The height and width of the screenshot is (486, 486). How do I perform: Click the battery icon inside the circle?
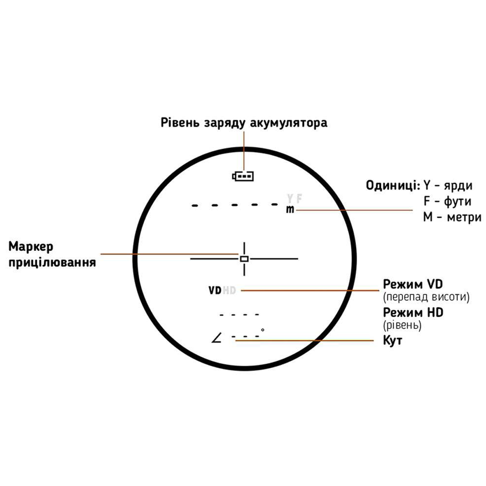click(x=243, y=176)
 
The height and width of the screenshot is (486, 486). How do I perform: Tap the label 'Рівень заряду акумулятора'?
click(x=244, y=123)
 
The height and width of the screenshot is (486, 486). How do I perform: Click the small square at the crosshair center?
click(x=244, y=258)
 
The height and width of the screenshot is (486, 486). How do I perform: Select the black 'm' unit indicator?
click(x=290, y=210)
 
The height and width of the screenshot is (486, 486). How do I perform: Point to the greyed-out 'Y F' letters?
click(x=294, y=198)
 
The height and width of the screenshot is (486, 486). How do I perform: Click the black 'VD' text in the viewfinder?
click(x=215, y=290)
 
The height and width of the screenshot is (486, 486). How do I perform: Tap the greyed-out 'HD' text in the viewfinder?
click(x=229, y=290)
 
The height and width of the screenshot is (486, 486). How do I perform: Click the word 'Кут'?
click(x=392, y=340)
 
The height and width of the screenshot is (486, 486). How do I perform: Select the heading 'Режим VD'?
click(x=413, y=283)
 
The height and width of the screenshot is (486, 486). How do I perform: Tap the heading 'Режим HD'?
click(x=413, y=312)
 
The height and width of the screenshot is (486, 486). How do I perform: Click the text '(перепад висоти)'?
click(x=426, y=297)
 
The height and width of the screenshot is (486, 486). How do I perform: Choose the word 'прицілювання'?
click(x=53, y=262)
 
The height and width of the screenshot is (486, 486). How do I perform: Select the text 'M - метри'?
click(x=452, y=217)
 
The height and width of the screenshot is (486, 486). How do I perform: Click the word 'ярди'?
click(x=458, y=185)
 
